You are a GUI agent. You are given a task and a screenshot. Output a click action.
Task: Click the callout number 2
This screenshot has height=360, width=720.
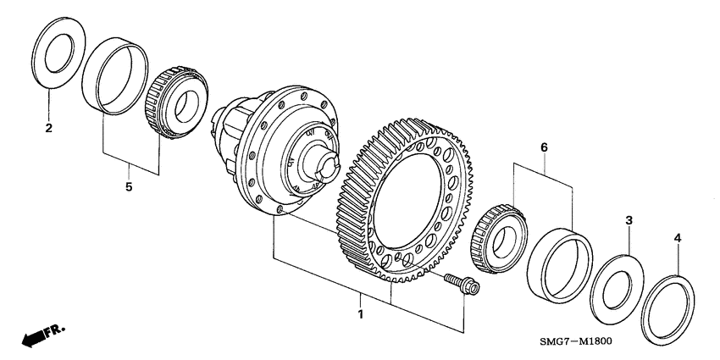tap(48, 129)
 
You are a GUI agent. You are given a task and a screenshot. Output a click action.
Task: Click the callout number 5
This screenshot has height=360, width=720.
tap(130, 186)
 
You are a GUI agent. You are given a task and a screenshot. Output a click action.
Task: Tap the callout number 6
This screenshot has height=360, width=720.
tap(544, 148)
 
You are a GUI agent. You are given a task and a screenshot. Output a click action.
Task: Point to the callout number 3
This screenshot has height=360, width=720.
tap(629, 220)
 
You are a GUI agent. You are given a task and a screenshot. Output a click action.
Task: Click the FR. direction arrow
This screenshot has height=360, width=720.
tap(34, 338)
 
